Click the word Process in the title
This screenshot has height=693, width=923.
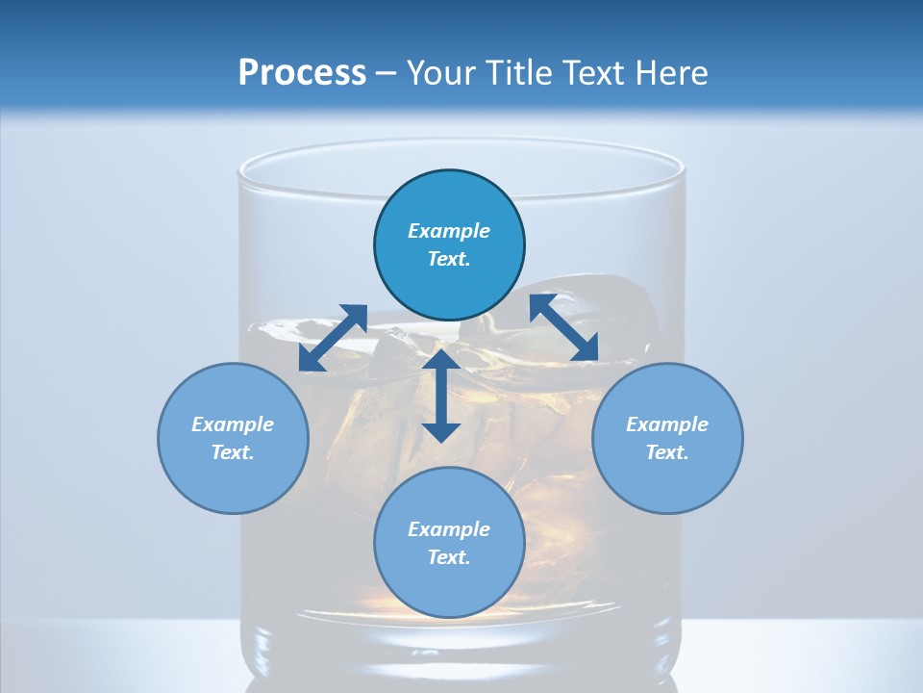(x=302, y=73)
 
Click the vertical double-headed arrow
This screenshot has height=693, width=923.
(x=441, y=396)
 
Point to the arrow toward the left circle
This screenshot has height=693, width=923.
(x=333, y=338)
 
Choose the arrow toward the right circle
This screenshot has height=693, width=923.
(x=563, y=328)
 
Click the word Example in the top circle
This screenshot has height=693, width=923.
(x=449, y=231)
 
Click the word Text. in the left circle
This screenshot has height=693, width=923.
(x=233, y=452)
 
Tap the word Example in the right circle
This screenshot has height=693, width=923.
(x=667, y=424)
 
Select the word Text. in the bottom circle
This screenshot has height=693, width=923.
(x=449, y=557)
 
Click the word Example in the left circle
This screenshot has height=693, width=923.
(x=233, y=424)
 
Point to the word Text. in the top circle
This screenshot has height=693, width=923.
(x=449, y=259)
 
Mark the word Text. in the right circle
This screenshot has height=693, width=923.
(x=667, y=452)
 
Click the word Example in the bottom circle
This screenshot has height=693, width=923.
(x=449, y=529)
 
